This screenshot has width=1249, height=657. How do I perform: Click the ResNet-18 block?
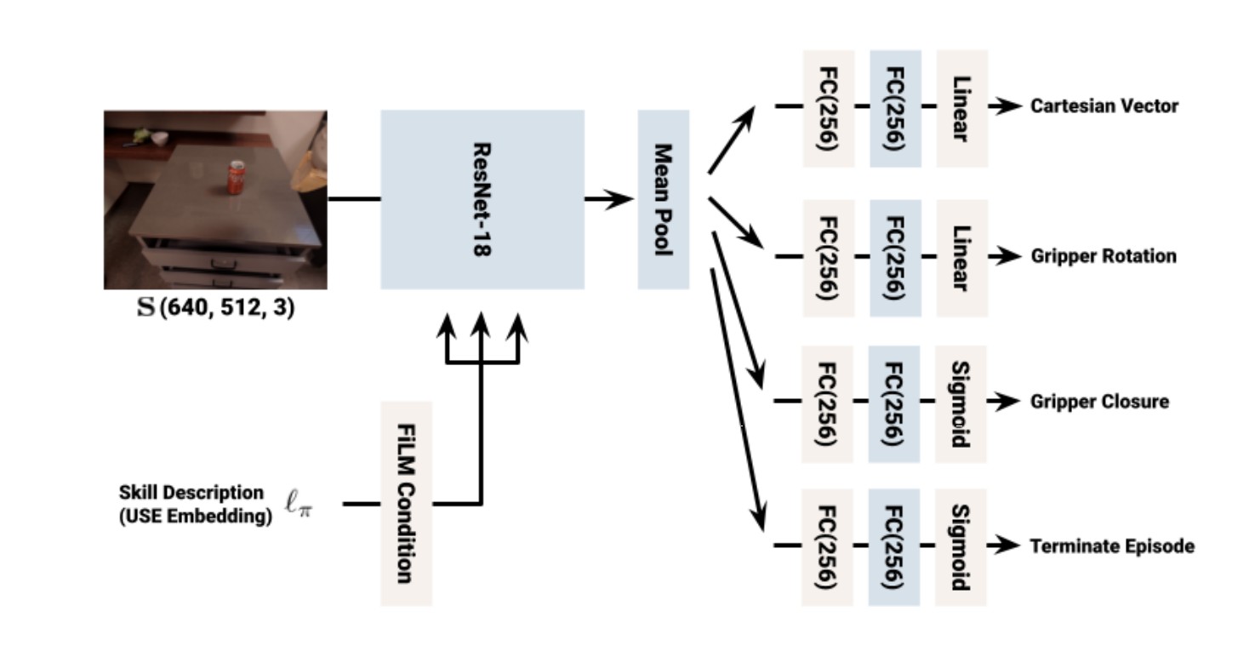(482, 200)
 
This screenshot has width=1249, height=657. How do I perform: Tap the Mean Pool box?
(663, 200)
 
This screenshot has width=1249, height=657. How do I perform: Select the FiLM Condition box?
(406, 504)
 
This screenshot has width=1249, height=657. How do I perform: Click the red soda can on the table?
(237, 177)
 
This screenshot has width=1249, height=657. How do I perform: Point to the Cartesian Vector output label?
(1104, 106)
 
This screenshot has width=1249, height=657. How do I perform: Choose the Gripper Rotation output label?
(1104, 256)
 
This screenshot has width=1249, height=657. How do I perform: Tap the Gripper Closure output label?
(1099, 402)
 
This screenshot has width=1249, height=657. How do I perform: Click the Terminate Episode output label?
(1112, 546)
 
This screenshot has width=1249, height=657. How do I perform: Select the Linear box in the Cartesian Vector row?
(961, 109)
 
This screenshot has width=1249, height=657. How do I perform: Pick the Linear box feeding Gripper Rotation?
(961, 259)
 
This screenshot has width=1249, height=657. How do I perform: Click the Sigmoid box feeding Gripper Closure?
(961, 404)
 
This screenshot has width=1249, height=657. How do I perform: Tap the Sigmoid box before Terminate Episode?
(961, 548)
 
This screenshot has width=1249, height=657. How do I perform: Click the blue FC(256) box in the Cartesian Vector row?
(896, 109)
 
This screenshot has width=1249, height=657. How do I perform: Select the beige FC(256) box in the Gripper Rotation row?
(829, 259)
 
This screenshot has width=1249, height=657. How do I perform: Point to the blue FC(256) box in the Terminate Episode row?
(894, 548)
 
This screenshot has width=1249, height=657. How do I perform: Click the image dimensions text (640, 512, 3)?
(227, 308)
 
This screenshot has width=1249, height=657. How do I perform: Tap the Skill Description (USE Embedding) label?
(195, 504)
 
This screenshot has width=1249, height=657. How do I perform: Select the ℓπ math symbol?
(299, 504)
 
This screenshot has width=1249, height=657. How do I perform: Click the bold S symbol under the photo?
(146, 306)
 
